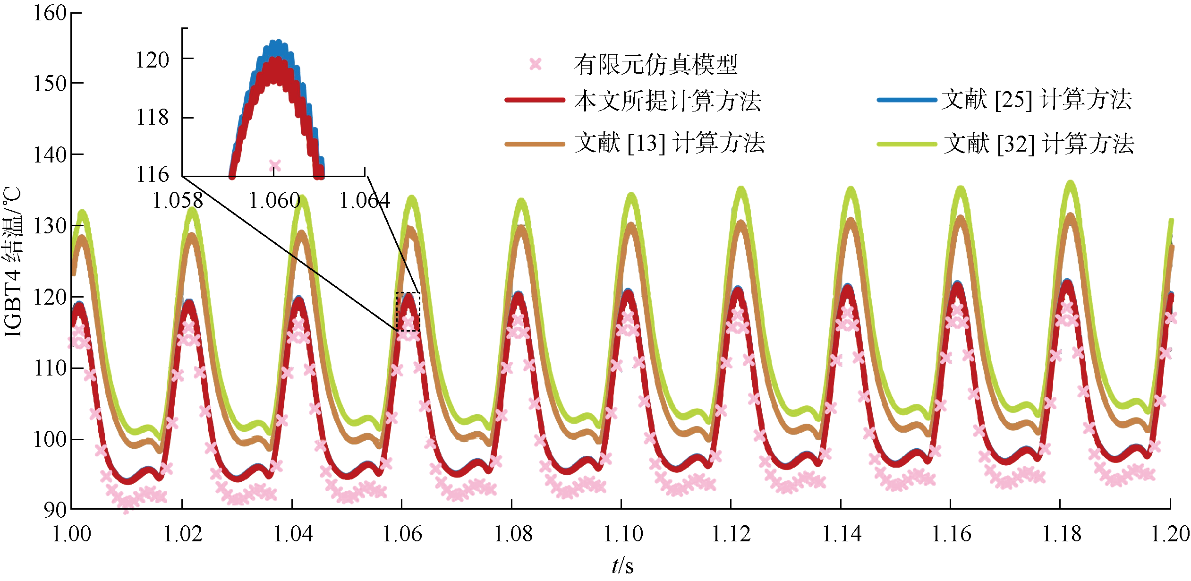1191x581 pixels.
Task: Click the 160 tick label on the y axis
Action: [x=49, y=13]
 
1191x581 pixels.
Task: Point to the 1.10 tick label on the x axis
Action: [x=623, y=534]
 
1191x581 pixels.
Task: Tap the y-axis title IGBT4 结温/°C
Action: [x=13, y=262]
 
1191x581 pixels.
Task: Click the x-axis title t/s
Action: [x=622, y=565]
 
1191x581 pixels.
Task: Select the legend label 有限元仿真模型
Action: [x=655, y=65]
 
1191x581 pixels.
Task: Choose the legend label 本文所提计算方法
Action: [x=667, y=101]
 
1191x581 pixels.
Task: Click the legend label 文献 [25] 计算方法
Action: [x=1036, y=100]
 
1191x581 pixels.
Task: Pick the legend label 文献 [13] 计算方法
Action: [x=669, y=143]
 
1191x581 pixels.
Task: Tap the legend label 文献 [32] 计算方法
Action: [x=1038, y=144]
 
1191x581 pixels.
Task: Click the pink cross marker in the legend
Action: [x=535, y=64]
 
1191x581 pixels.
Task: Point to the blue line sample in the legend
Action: [x=907, y=100]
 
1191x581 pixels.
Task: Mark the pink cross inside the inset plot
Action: [x=275, y=166]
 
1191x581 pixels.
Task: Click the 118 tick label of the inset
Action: [x=152, y=117]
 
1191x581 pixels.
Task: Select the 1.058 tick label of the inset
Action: [x=178, y=201]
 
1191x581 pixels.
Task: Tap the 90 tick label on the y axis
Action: [x=55, y=510]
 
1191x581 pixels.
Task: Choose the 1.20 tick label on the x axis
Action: [x=1170, y=534]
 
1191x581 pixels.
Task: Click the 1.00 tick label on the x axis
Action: [x=72, y=534]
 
